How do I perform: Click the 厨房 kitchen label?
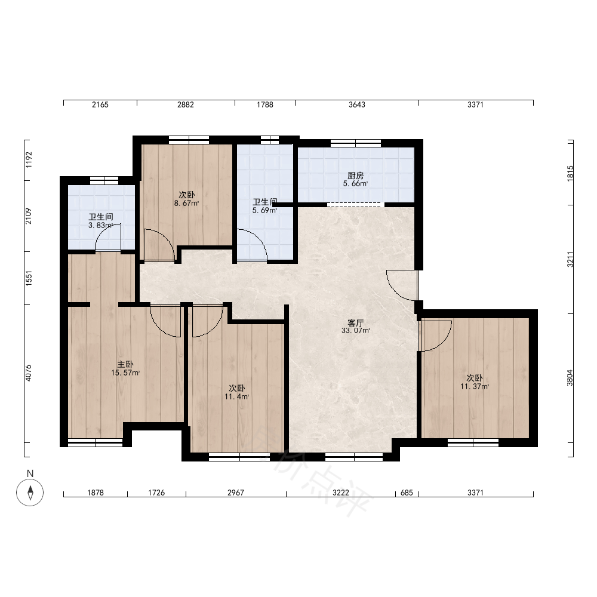(356, 176)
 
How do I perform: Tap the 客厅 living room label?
(356, 323)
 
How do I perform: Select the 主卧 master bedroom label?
(125, 365)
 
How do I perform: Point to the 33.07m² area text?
(356, 331)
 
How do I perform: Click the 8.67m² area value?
(186, 204)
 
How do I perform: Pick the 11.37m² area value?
(475, 386)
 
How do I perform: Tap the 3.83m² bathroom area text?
(100, 226)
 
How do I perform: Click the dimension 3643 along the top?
(357, 104)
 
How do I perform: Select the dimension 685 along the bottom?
(407, 493)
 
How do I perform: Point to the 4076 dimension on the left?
(29, 373)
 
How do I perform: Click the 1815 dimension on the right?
(570, 173)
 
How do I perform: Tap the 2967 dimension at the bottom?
(236, 493)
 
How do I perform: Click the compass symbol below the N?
(30, 493)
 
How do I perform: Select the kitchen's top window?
(356, 143)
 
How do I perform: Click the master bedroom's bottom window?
(95, 442)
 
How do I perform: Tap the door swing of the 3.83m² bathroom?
(107, 238)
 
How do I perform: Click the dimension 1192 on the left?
(29, 160)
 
